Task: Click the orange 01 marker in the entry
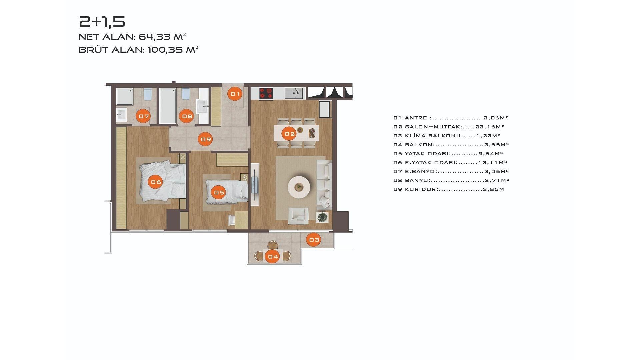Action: [235, 94]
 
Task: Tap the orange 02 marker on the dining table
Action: [289, 134]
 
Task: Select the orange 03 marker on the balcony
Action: [314, 239]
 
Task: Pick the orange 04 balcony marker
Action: [273, 256]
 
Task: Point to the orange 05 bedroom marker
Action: [219, 192]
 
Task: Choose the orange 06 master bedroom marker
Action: [156, 182]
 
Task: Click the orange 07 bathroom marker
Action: [143, 116]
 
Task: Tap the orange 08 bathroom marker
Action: [187, 116]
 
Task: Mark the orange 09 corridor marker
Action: [206, 139]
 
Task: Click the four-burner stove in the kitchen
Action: [266, 93]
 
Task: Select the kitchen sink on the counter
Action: [294, 93]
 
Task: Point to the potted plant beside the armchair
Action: [322, 217]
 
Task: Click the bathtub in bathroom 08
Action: [168, 106]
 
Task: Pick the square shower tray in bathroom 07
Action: [125, 96]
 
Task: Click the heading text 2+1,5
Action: [102, 22]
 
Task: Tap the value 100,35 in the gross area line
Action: [165, 50]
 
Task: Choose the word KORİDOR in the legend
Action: [421, 189]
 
